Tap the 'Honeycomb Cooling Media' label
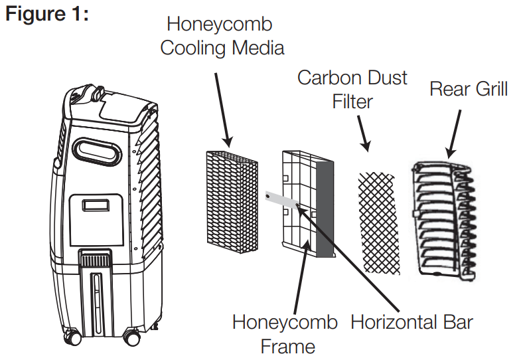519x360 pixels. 222,36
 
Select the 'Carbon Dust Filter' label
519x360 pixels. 352,89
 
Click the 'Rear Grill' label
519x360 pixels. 469,89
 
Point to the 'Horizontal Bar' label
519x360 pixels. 411,323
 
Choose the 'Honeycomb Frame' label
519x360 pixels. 285,333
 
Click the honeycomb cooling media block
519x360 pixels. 231,202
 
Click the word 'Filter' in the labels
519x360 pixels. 352,102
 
